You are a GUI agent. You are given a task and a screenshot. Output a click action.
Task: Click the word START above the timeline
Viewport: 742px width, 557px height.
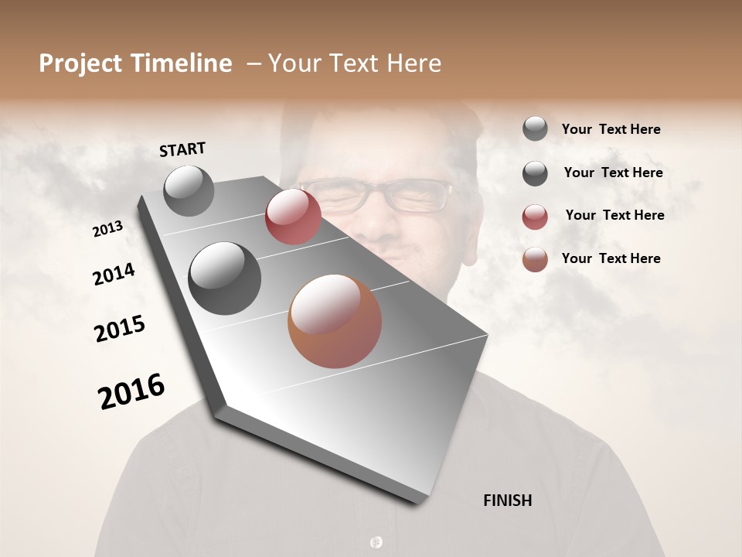[x=182, y=149]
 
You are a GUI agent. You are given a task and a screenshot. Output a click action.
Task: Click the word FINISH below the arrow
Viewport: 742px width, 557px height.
[x=507, y=501]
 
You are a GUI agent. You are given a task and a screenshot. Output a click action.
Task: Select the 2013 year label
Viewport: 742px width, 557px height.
[x=107, y=229]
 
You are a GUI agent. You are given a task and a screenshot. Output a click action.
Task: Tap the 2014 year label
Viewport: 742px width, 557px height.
[x=114, y=274]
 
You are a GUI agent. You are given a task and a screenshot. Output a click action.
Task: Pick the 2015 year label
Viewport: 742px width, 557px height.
[x=120, y=329]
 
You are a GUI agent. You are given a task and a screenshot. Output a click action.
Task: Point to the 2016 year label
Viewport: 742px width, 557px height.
[x=131, y=391]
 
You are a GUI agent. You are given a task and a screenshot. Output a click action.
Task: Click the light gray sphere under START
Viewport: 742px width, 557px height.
[x=189, y=190]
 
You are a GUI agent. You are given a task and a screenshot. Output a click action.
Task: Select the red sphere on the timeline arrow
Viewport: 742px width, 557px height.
[x=293, y=217]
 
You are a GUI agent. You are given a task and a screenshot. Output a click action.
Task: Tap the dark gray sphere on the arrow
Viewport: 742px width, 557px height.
[x=225, y=278]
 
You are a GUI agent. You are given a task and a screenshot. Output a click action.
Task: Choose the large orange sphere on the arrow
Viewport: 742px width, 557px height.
[x=335, y=321]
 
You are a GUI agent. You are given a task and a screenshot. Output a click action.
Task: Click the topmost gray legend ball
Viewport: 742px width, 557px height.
[x=535, y=128]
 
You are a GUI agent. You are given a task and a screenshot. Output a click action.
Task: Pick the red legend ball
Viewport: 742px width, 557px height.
[x=535, y=217]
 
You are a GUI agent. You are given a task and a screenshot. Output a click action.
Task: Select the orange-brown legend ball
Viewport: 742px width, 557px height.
[x=535, y=259]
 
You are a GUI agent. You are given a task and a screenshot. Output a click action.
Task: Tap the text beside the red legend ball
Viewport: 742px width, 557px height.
[x=614, y=215]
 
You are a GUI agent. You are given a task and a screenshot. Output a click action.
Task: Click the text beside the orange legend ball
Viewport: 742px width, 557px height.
[x=611, y=258]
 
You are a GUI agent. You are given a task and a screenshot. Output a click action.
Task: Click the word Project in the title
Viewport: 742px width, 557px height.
[x=81, y=63]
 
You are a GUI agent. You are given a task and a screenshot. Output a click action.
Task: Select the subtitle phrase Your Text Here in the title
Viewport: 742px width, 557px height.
[x=355, y=63]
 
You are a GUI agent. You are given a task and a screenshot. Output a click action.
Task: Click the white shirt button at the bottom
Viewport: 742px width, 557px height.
[x=376, y=542]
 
